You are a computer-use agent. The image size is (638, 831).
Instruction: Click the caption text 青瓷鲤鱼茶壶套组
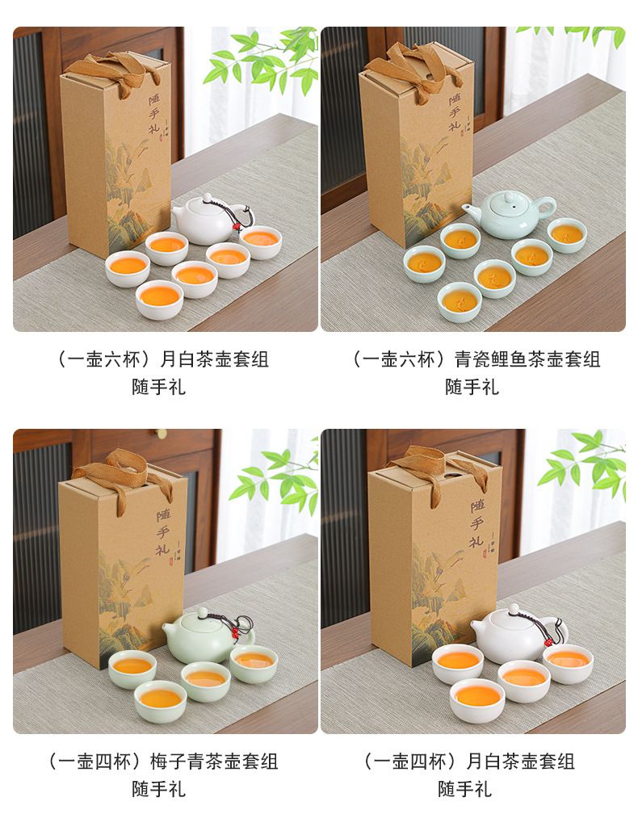point(527,360)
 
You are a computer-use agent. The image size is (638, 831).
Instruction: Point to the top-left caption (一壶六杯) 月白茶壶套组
point(162,360)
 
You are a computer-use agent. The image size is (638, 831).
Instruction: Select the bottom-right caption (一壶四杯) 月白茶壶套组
point(469,762)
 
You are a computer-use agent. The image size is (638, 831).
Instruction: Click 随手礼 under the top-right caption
point(472,387)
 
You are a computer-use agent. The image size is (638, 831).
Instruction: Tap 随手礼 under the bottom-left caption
point(158,789)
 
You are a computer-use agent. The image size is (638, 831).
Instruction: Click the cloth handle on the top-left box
point(106,72)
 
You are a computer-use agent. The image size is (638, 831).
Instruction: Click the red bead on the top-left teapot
point(237,228)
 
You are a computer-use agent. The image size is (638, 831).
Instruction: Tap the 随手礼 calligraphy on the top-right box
point(455,113)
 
